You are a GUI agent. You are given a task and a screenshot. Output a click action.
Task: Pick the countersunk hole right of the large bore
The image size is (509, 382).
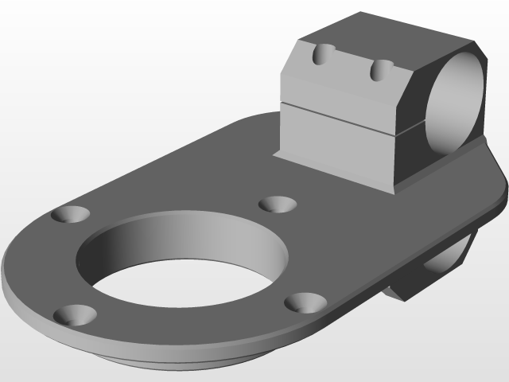click(305, 302)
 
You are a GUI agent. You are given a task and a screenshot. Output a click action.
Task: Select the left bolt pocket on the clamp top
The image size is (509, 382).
click(323, 54)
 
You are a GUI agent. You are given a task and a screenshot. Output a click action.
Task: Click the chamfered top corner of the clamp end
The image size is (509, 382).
click(478, 47)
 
